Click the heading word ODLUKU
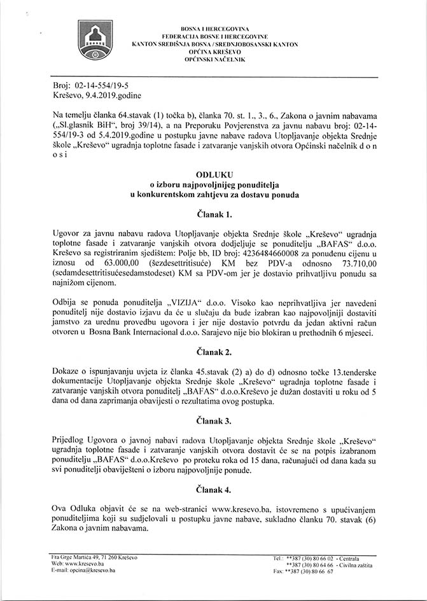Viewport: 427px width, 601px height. pyautogui.click(x=213, y=172)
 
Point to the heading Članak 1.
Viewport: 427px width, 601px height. pyautogui.click(x=213, y=214)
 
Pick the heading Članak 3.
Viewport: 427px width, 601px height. pyautogui.click(x=213, y=420)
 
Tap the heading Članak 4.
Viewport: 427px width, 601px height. pyautogui.click(x=213, y=490)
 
